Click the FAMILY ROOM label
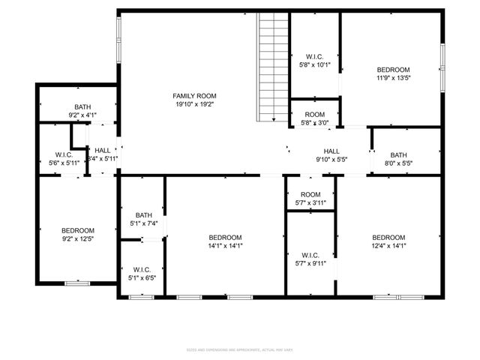(194, 96)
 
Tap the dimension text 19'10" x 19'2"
(194, 105)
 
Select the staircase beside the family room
(269, 67)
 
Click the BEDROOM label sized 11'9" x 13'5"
(393, 69)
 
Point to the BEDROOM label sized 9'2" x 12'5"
(78, 230)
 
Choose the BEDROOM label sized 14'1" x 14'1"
(225, 237)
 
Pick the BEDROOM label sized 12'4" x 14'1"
(388, 237)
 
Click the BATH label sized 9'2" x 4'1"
(82, 107)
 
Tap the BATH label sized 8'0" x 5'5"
(398, 155)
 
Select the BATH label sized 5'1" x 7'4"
(143, 215)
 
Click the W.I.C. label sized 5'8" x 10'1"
(314, 57)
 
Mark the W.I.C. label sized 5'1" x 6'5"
(142, 269)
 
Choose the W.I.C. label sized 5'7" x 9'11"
(310, 255)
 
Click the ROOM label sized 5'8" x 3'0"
(314, 115)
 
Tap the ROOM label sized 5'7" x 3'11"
(310, 194)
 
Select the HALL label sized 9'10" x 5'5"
(331, 151)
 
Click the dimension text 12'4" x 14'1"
(388, 246)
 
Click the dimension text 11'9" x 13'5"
(393, 77)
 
